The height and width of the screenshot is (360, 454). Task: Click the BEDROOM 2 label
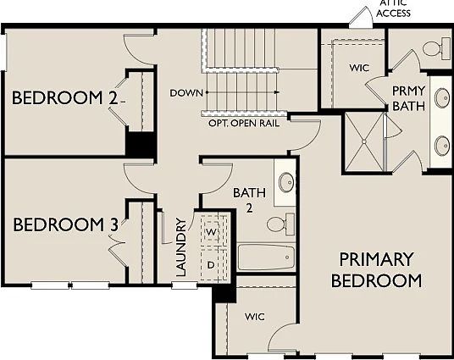click(64, 98)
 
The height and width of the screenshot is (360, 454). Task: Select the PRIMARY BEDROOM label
click(376, 269)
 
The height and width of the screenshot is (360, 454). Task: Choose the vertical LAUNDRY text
click(180, 247)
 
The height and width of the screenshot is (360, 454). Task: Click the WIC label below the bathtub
click(255, 317)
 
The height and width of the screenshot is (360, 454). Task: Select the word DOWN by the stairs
click(184, 91)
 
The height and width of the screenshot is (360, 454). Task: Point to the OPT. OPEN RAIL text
click(243, 123)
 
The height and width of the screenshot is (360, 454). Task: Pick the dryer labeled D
click(212, 264)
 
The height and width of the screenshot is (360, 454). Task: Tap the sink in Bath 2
click(286, 181)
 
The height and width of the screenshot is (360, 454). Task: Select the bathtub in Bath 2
click(266, 257)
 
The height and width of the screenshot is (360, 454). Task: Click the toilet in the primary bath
click(435, 49)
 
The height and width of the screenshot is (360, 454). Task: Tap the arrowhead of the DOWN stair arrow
click(276, 91)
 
